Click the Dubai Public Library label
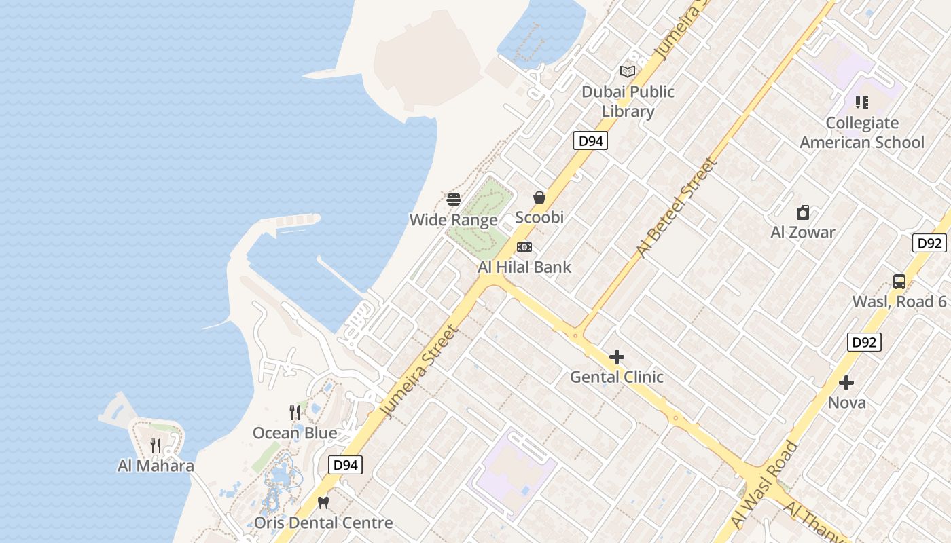628,101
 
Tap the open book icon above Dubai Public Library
628,71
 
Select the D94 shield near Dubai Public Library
590,141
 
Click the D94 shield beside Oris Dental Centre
345,465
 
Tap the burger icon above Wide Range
454,200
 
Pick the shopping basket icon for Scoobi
539,198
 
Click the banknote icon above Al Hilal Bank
524,247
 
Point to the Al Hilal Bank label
524,267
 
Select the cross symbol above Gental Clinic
617,357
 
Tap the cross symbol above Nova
846,383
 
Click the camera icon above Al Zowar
803,212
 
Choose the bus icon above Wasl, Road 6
899,282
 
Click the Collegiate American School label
862,132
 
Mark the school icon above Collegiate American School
862,102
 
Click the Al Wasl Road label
764,483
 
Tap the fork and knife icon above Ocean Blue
295,413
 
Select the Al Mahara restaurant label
156,466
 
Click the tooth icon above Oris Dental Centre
323,503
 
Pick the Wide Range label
453,220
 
